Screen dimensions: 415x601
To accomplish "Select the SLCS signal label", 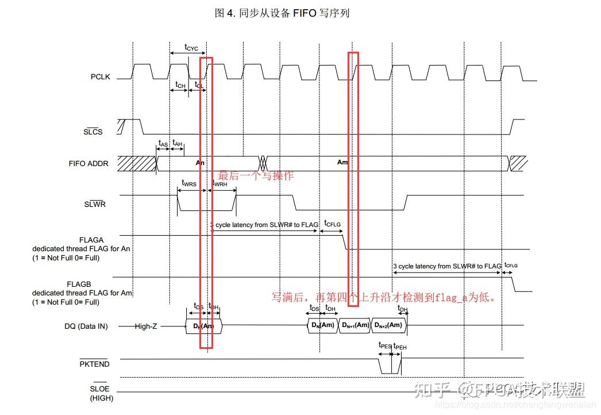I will (93, 132).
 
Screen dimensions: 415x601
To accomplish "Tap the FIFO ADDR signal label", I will (88, 163).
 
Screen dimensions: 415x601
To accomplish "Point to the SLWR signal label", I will (95, 204).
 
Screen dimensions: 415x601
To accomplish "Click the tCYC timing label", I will (191, 48).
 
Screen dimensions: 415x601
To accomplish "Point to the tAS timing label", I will (163, 143).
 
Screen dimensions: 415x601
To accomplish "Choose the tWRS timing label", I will (188, 183).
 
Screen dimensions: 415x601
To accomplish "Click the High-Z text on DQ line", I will (145, 326).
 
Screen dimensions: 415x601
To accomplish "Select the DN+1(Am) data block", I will (355, 326).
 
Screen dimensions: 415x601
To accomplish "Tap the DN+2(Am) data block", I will (388, 326).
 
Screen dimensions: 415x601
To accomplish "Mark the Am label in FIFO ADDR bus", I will (342, 163).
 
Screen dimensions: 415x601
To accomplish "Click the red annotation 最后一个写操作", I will (256, 175).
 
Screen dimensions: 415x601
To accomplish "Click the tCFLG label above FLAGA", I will (332, 223).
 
